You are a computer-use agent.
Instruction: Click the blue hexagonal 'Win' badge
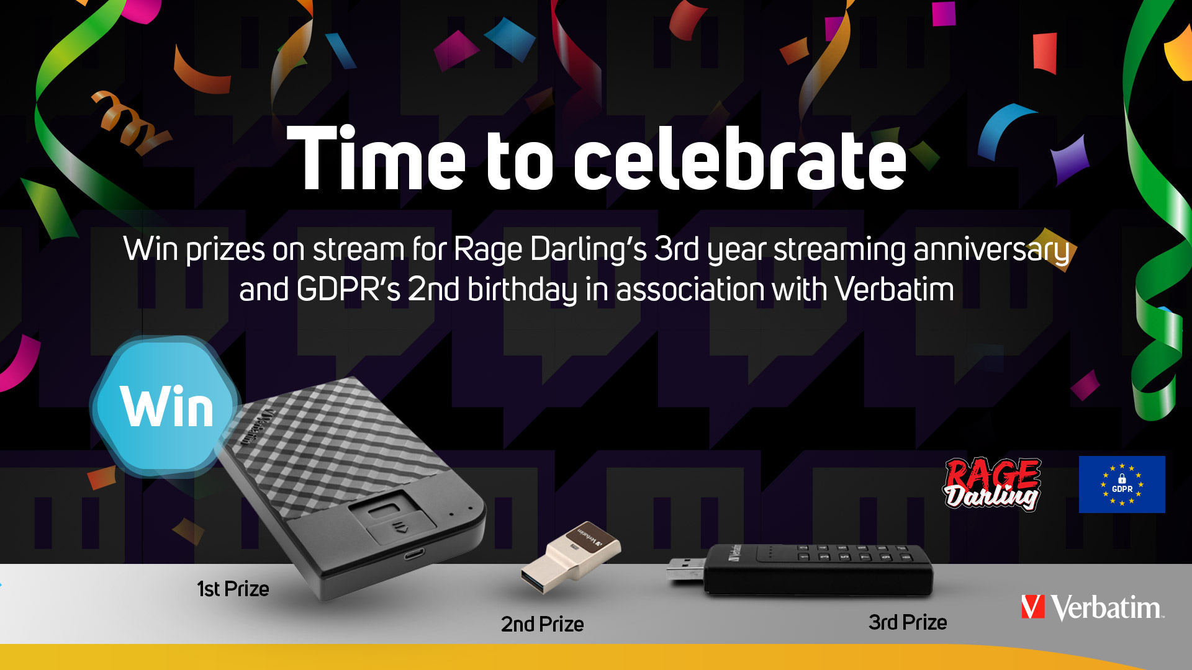(165, 407)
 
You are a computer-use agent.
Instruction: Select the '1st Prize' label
(233, 589)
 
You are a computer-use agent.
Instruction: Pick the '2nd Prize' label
(543, 624)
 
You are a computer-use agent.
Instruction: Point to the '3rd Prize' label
(908, 622)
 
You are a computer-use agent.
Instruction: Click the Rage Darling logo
(992, 485)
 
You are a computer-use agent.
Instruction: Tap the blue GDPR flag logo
(1122, 485)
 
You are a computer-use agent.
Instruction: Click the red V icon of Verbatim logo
(1033, 607)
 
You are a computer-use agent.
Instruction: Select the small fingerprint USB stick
(571, 556)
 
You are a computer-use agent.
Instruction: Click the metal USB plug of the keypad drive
(685, 569)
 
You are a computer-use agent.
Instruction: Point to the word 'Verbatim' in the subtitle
(894, 289)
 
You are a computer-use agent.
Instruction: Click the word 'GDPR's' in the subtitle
(349, 289)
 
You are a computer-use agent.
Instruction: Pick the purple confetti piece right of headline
(1070, 159)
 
